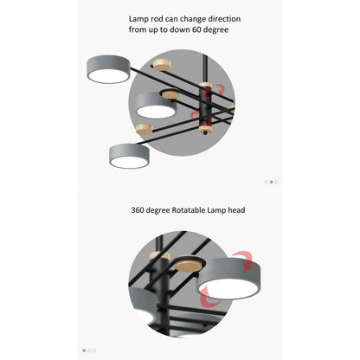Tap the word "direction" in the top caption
coord(219,18)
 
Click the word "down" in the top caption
coord(176,29)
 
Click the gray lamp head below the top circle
coord(130,156)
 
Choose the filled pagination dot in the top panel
coord(271,182)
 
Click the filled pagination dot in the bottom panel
coord(84,350)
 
